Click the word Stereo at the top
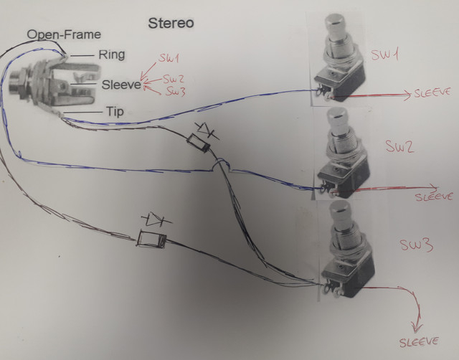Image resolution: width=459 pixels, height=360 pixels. pyautogui.click(x=171, y=23)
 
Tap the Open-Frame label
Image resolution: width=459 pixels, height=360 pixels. pyautogui.click(x=64, y=34)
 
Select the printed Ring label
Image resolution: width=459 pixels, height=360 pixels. pyautogui.click(x=112, y=55)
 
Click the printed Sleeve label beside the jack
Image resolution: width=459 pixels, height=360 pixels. pyautogui.click(x=121, y=85)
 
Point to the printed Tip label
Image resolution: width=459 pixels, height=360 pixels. pyautogui.click(x=115, y=111)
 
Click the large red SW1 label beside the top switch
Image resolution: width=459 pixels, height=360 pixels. pyautogui.click(x=384, y=55)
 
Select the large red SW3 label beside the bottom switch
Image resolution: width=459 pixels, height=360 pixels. pyautogui.click(x=416, y=245)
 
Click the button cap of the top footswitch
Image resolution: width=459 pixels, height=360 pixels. pyautogui.click(x=335, y=23)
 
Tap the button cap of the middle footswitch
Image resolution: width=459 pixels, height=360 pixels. pyautogui.click(x=339, y=116)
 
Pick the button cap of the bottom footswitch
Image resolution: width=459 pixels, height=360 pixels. pyautogui.click(x=341, y=209)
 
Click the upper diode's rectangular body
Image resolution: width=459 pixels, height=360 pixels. pyautogui.click(x=198, y=143)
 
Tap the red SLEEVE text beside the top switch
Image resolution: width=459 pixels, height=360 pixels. pyautogui.click(x=432, y=93)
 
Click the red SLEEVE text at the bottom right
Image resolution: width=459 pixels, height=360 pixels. pyautogui.click(x=419, y=342)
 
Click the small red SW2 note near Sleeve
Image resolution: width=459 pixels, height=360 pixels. pyautogui.click(x=174, y=79)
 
